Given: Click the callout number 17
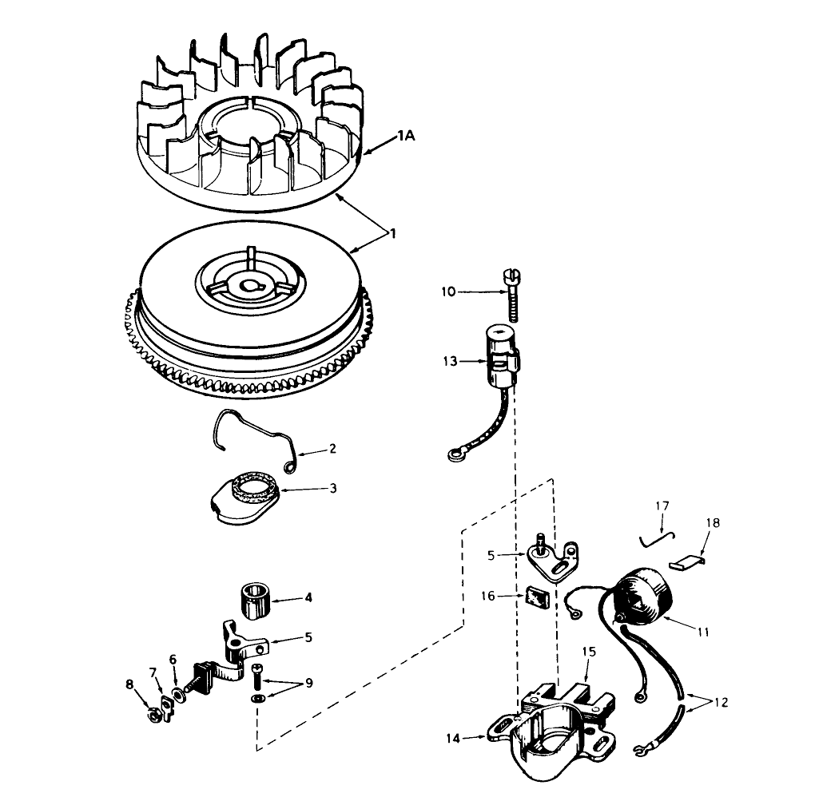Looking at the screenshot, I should pos(662,506).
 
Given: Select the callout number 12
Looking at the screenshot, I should pos(721,703).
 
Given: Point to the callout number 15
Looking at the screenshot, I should pos(588,652).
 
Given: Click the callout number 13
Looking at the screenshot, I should pos(451,362).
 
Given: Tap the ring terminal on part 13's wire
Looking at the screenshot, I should pos(456,457).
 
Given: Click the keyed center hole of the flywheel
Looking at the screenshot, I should pos(252,285).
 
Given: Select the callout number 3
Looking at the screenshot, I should pos(333,488).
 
